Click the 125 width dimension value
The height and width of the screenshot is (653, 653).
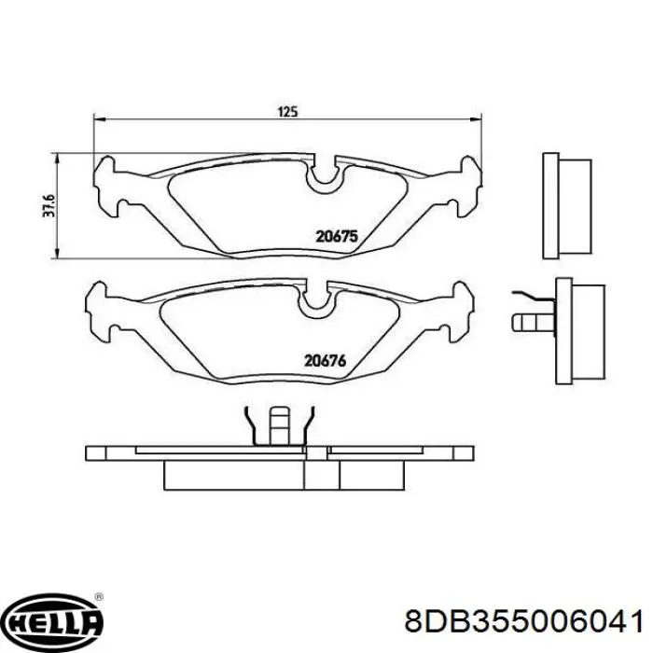tap(286, 112)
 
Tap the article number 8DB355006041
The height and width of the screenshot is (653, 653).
tap(524, 620)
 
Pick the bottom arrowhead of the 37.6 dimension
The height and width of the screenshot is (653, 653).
tap(59, 256)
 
